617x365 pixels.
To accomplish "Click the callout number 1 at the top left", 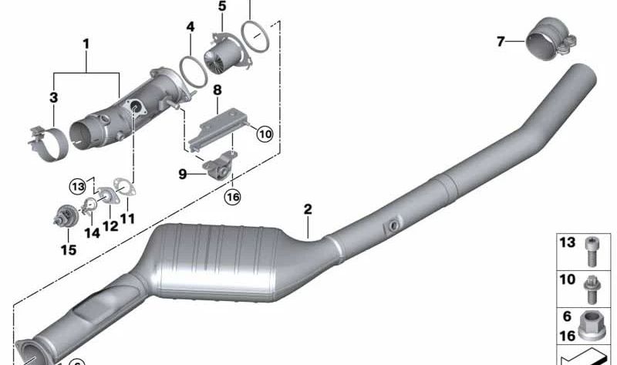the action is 86,44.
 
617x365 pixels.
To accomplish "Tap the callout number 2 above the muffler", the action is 308,209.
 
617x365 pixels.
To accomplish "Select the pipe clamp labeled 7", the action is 551,39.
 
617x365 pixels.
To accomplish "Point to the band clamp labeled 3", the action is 48,144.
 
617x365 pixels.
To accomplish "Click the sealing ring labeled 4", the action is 194,72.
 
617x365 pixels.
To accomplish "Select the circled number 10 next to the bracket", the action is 265,133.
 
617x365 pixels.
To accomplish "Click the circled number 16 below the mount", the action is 232,197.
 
